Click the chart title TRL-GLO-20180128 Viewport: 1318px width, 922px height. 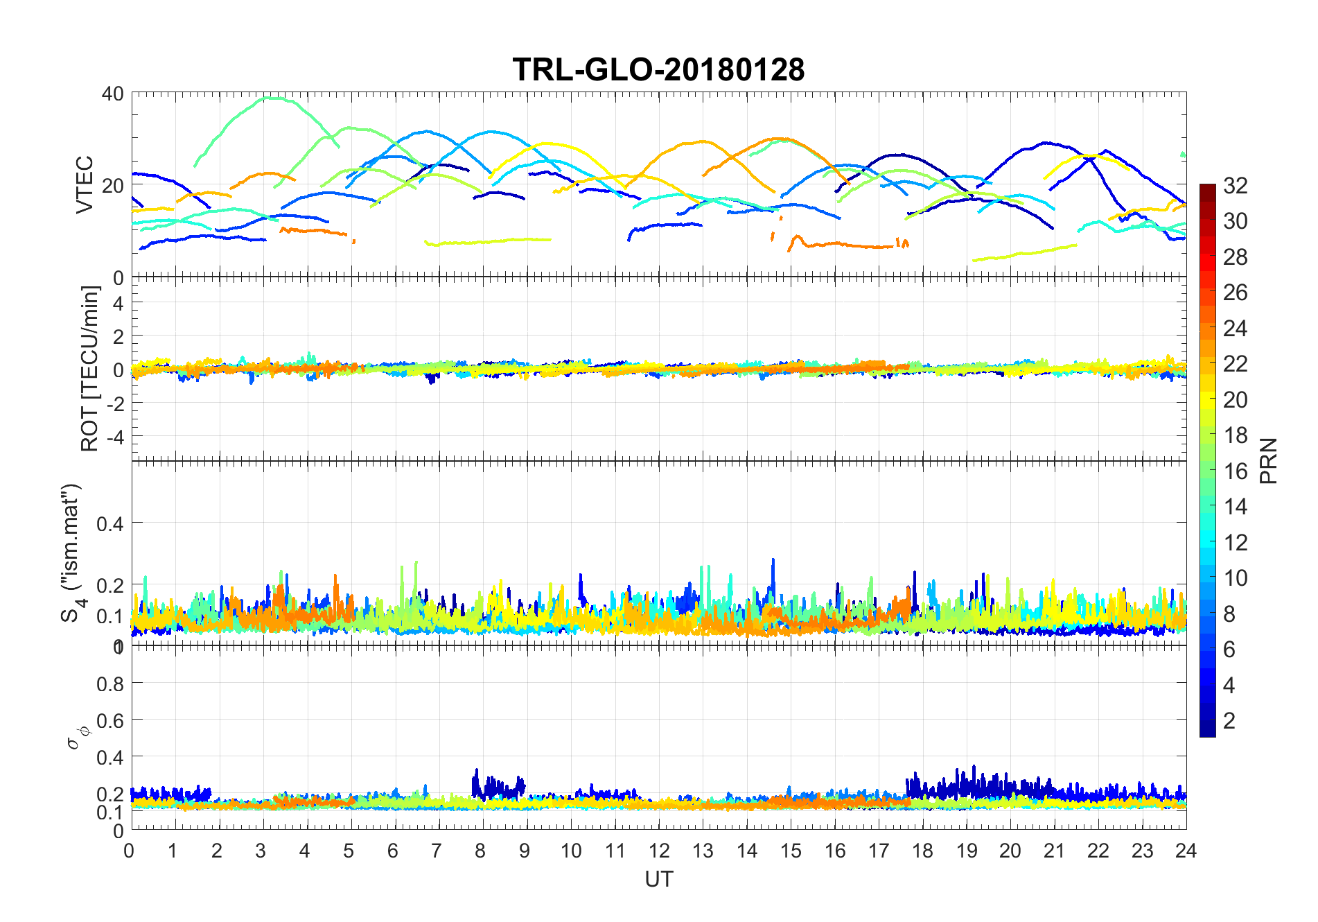click(658, 70)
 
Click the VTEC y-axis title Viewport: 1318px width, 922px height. click(85, 184)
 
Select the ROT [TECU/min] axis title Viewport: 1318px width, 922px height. click(90, 368)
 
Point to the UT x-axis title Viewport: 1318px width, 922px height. click(658, 879)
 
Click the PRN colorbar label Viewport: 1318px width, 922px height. click(1268, 461)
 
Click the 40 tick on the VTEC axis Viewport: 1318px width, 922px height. click(113, 94)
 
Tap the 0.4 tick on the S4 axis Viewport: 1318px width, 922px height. click(109, 524)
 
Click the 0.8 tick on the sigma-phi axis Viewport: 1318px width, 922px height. click(109, 684)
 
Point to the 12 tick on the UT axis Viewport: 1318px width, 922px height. click(659, 851)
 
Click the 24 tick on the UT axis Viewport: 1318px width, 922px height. click(1186, 851)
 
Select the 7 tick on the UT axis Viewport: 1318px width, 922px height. click(437, 851)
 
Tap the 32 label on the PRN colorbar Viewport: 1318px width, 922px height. click(1236, 186)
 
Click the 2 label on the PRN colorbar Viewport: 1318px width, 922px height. click(1229, 721)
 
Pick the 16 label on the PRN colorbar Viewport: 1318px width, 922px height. click(1236, 471)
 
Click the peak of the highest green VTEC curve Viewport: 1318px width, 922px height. click(272, 98)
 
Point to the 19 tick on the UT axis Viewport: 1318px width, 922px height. click(967, 851)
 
